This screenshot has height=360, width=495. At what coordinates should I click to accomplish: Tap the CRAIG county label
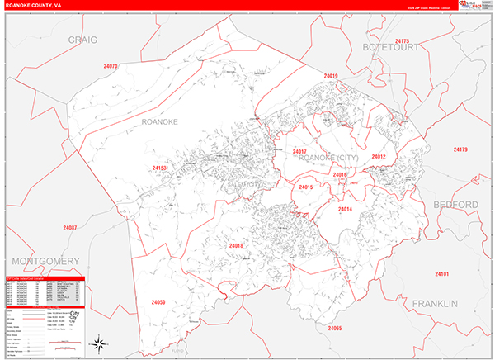pos(82,40)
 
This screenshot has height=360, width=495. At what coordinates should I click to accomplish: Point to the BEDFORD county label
pos(455,204)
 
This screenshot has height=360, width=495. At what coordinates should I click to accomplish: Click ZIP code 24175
pos(403,40)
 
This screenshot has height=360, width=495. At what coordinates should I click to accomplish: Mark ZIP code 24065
pos(334,329)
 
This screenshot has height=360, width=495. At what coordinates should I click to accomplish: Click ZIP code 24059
pos(159,303)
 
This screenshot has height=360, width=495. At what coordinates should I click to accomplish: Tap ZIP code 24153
pos(159,168)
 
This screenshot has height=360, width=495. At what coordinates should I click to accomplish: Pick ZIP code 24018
pos(237,246)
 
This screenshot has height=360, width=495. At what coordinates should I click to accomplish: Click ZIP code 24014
pos(345,210)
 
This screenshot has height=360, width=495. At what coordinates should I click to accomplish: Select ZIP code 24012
pos(379,156)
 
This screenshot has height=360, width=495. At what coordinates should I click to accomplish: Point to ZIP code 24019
pos(331,76)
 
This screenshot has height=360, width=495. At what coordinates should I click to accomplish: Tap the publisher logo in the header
pos(469,6)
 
